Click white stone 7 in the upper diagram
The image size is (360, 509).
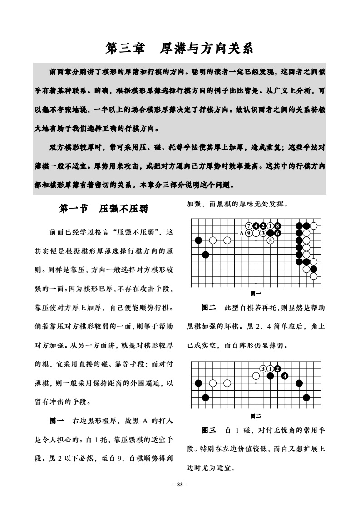coord(249,226)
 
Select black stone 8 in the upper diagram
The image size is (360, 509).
coord(277,226)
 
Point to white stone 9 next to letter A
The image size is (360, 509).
coord(249,233)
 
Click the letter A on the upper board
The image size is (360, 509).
coord(242,233)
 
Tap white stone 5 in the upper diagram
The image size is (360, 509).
coord(270,240)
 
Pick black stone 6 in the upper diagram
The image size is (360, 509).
coord(277,233)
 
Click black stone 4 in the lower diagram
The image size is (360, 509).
coord(285,376)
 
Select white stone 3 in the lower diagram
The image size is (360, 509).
coord(263,368)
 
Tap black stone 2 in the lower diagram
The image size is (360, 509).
coord(277,368)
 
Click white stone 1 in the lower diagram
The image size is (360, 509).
coord(270,368)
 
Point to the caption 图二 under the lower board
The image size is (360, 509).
coord(256,416)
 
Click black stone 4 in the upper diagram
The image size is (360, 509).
coord(256,226)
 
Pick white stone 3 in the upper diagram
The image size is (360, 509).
coord(263,233)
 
